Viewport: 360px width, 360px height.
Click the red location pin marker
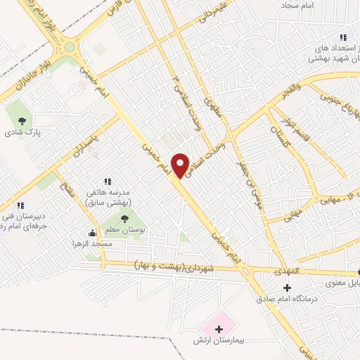(182, 165)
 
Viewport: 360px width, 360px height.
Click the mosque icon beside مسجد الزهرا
(91, 233)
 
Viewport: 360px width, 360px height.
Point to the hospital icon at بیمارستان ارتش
(219, 328)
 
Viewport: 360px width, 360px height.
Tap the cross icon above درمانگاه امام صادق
(287, 288)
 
